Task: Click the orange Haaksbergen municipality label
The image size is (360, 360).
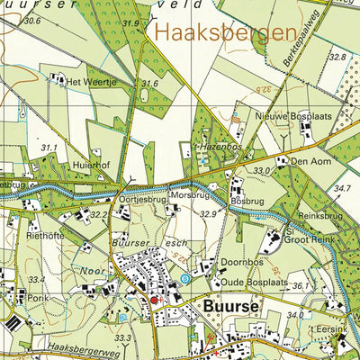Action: [226, 34]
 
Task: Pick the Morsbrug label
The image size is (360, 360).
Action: [190, 193]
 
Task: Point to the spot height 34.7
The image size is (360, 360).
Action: [343, 188]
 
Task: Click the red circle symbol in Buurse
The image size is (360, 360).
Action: [153, 299]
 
